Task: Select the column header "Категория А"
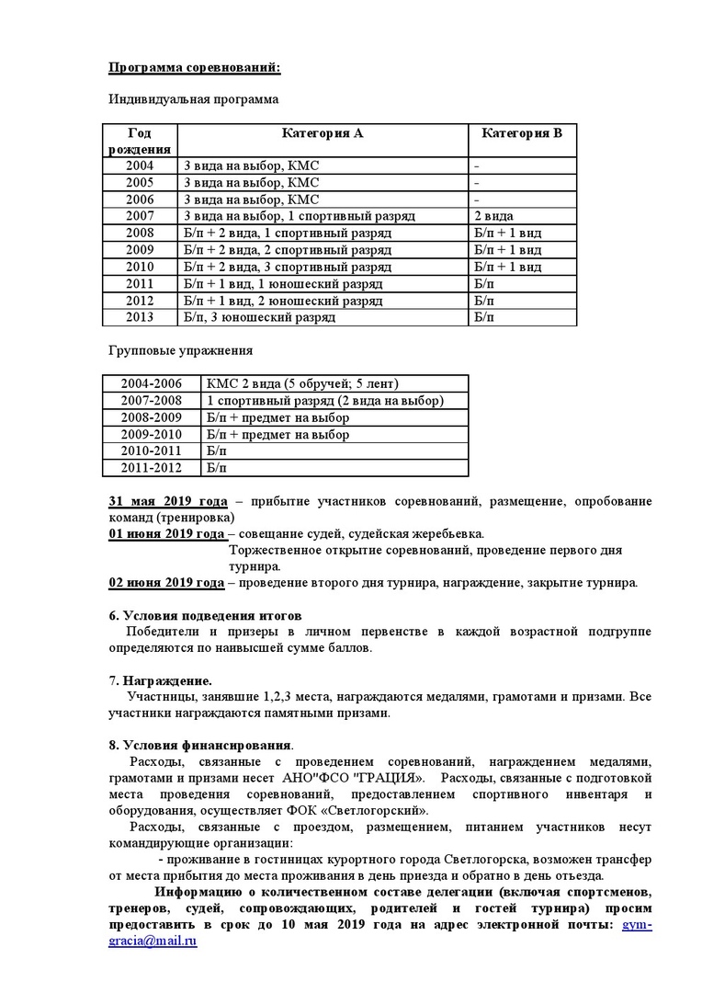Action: coord(322,133)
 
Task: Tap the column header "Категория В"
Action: coord(522,133)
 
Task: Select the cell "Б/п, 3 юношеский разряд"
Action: coord(259,317)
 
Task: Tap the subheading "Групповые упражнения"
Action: coord(180,350)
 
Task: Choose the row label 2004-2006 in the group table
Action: coord(152,383)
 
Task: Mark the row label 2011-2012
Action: coord(152,468)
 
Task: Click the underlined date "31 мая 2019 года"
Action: coord(168,501)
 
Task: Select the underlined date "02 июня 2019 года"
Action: coord(166,583)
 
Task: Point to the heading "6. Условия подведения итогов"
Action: coord(205,615)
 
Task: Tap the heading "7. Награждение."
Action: coord(160,680)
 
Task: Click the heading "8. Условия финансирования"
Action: coord(200,745)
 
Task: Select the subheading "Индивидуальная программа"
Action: coord(193,99)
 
